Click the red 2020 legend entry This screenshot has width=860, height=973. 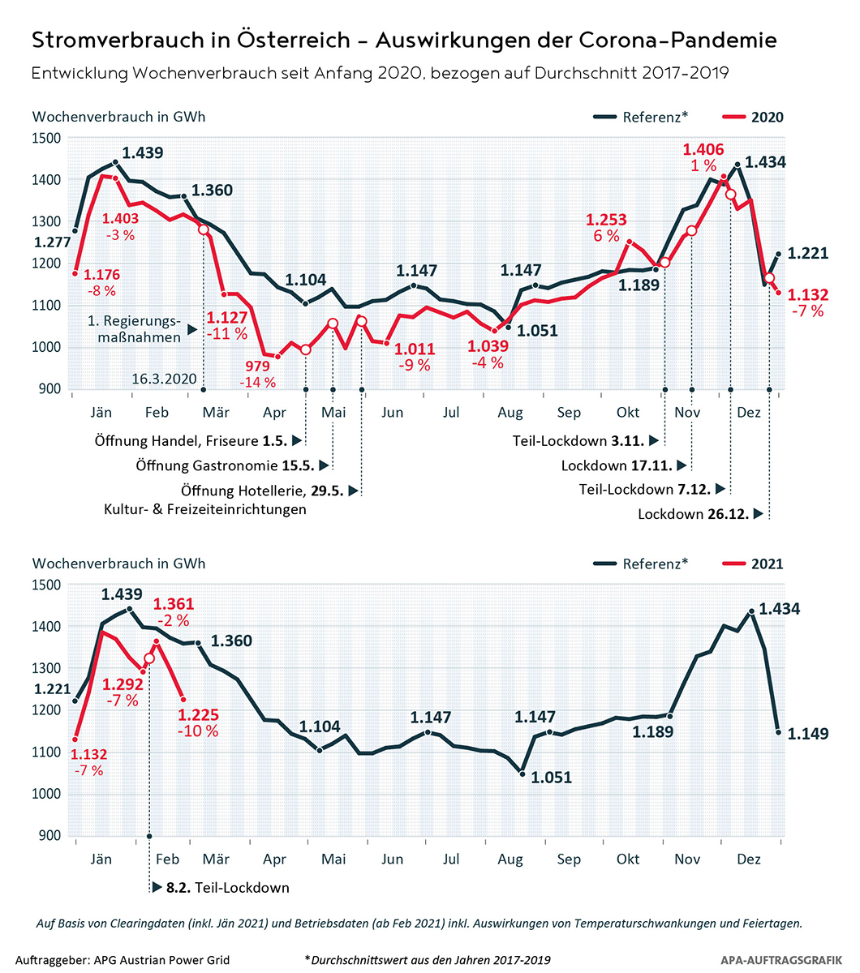click(767, 117)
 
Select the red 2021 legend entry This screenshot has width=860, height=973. click(767, 564)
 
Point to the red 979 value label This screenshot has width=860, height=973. click(257, 366)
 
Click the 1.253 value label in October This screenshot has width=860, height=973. click(607, 220)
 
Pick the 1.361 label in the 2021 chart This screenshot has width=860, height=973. click(174, 604)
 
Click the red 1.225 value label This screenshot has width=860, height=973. click(199, 715)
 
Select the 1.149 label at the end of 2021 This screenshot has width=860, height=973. click(808, 734)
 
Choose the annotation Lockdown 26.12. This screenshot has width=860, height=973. click(693, 514)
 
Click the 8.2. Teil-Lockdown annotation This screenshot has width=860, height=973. click(227, 887)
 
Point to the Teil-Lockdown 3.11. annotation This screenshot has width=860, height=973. click(578, 440)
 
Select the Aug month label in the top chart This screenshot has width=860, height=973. click(510, 413)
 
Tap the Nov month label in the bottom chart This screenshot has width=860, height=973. click(687, 859)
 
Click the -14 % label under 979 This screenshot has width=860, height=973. click(257, 382)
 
